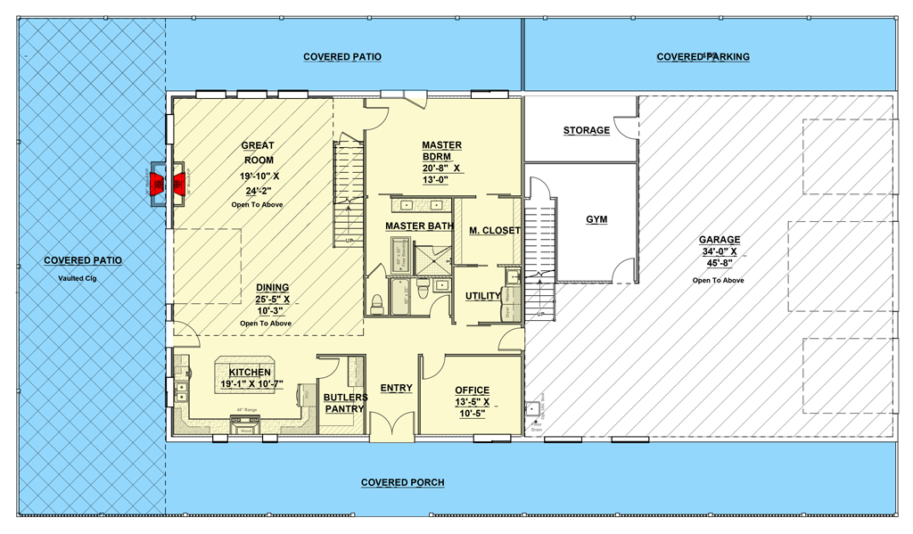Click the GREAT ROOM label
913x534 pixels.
tap(258, 152)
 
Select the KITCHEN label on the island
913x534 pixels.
tap(250, 372)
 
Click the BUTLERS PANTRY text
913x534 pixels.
tap(343, 403)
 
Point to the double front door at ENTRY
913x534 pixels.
tap(392, 428)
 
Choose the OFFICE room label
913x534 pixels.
tap(472, 390)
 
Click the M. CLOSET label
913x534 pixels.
tap(494, 231)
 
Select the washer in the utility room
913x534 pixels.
tap(513, 278)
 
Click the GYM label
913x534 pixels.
tap(596, 219)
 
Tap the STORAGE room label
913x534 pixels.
tap(586, 131)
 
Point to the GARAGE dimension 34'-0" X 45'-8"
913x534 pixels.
tap(720, 258)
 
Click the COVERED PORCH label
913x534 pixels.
tap(402, 482)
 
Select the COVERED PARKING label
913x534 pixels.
tap(703, 57)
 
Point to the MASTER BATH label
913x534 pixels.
tap(419, 226)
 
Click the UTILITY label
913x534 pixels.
tap(482, 296)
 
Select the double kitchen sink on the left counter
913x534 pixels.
tap(182, 388)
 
